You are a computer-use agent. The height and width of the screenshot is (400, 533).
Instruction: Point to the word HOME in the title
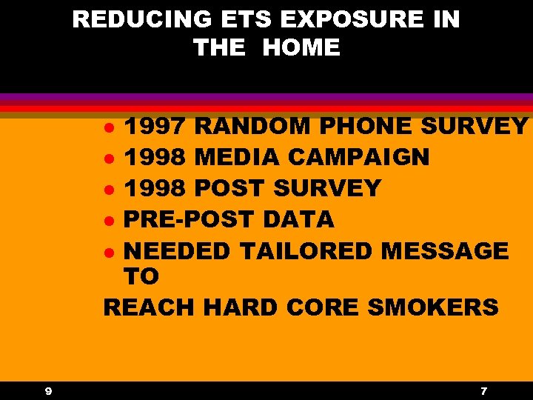[x=301, y=48]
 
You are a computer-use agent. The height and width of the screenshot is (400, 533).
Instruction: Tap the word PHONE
[x=366, y=127]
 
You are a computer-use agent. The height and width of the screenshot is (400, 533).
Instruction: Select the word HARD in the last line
[x=239, y=307]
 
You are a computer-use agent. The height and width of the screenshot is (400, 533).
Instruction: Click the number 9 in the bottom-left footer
[x=47, y=390]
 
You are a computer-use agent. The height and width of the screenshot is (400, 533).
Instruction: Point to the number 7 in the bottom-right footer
[x=483, y=390]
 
